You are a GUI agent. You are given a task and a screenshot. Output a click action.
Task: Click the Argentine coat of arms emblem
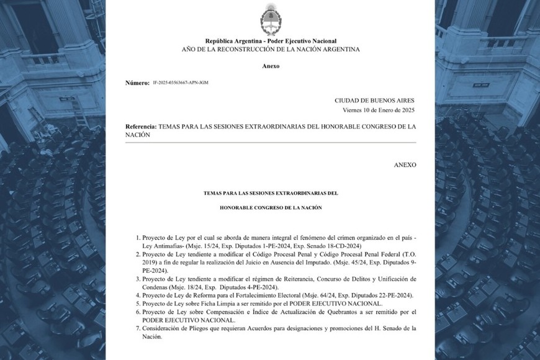(270, 19)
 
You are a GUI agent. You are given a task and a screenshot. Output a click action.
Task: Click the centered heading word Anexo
(270, 66)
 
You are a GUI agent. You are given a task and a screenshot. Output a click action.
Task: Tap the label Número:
(137, 83)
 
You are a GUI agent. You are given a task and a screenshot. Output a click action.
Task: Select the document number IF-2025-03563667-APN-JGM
(180, 83)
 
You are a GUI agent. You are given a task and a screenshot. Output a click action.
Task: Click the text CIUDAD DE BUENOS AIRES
(374, 100)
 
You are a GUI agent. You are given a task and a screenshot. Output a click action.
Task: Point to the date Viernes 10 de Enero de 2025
(378, 110)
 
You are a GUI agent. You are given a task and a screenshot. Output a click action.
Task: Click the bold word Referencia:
(141, 126)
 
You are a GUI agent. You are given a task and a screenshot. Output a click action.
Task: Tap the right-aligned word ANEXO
(405, 164)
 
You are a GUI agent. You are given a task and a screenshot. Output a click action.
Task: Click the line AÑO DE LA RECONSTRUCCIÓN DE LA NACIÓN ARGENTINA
(270, 49)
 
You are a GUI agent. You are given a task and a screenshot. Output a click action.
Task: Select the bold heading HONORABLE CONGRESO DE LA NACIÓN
(271, 207)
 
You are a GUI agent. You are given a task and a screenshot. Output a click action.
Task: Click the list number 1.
(137, 238)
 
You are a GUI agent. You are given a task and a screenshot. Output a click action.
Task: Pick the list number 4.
(137, 295)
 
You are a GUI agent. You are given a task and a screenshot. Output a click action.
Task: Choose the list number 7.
(137, 327)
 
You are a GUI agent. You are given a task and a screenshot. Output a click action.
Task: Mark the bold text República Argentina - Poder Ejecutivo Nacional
(270, 40)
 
